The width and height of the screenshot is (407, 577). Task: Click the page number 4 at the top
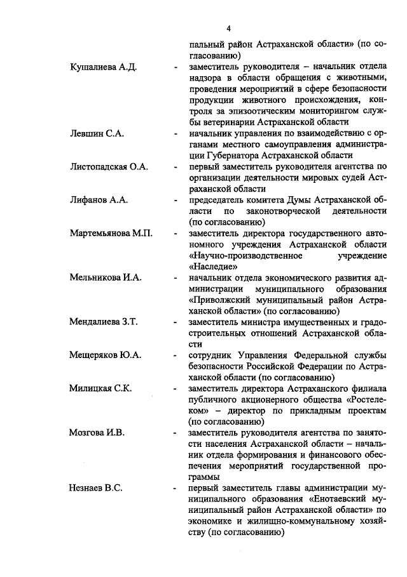click(228, 28)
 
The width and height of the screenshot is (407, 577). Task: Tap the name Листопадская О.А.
click(109, 166)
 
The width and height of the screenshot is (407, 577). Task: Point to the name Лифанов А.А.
click(99, 199)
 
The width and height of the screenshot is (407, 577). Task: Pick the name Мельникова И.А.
click(106, 277)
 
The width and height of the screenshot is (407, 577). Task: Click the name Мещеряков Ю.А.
click(105, 355)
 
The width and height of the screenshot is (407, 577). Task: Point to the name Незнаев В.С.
click(96, 487)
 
